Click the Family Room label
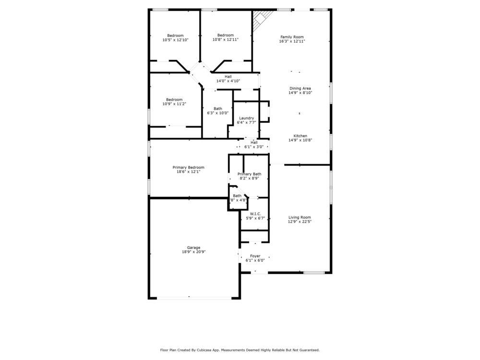[x=292, y=37]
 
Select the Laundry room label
[x=246, y=118]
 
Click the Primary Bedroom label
[x=188, y=168]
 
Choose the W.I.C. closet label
[x=255, y=214]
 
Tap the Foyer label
[x=255, y=256]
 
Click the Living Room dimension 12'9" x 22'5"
[x=300, y=222]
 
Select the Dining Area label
[x=300, y=88]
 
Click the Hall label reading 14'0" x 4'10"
[x=228, y=81]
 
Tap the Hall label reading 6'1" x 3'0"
[x=254, y=147]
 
